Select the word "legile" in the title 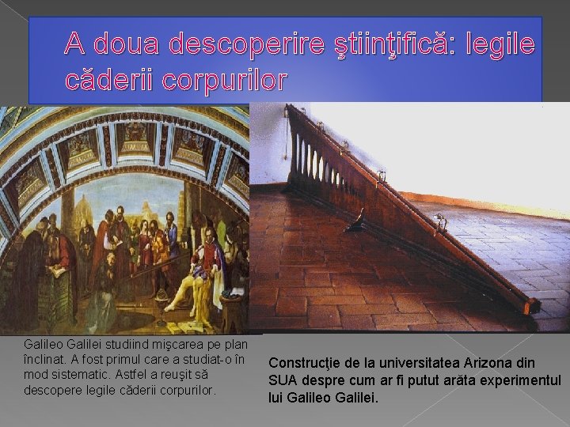tap(491, 44)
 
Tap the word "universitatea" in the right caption tap(421, 363)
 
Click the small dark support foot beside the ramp tap(357, 225)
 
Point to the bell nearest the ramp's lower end tap(441, 222)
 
